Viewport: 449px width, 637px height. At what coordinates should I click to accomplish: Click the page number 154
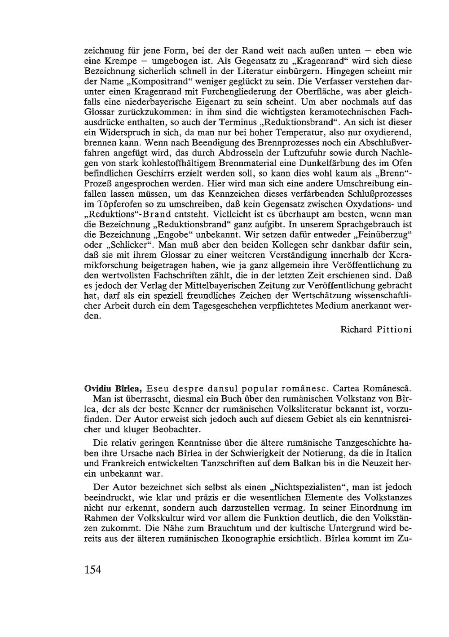[93, 570]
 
